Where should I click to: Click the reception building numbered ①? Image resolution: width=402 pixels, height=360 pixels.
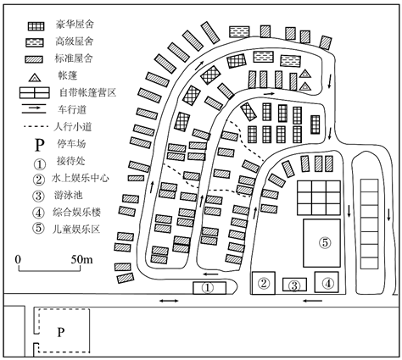pos(209,288)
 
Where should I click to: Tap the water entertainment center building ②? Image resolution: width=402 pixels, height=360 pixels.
pos(264,283)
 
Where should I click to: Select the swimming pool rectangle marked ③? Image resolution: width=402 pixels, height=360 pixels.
pos(294,285)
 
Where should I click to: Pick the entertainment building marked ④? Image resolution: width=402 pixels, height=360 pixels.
pos(327,282)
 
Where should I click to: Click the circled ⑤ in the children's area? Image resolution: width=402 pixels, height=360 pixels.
pos(325,243)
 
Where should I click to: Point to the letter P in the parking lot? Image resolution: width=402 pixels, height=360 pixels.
pos(61,332)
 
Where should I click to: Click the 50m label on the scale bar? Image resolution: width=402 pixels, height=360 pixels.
pos(81,259)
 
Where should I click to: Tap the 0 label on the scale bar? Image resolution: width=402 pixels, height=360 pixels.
pos(19,259)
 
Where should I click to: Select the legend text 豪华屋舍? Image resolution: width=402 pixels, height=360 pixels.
pos(75,25)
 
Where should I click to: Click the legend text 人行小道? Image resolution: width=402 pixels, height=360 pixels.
pos(73,127)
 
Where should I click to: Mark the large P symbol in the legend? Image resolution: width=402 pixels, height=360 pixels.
pos(40,145)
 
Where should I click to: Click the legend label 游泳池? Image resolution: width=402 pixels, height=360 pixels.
pos(68,195)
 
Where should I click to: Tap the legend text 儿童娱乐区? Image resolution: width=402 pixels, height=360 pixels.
pos(76,229)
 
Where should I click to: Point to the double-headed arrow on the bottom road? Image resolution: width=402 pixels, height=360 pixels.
pos(169,301)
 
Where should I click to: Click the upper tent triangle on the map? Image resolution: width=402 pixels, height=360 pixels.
pos(305,74)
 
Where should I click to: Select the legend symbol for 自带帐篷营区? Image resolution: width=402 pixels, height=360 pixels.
pos(35,92)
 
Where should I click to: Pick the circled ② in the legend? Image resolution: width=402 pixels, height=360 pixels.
pos(39,180)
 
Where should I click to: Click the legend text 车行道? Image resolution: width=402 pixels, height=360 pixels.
pos(72,109)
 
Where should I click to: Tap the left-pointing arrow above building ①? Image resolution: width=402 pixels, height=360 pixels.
pos(211,274)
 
